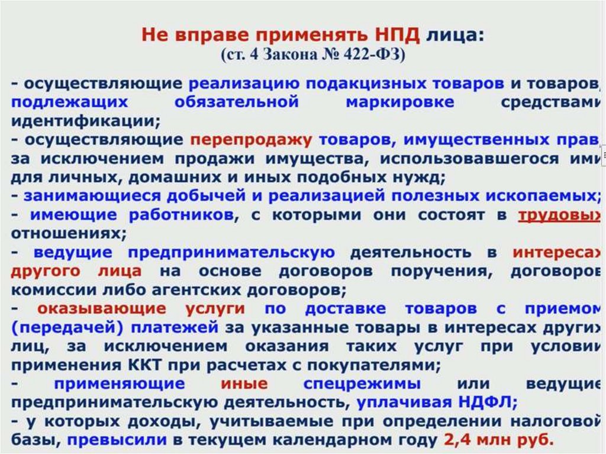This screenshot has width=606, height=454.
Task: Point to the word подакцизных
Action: (349, 83)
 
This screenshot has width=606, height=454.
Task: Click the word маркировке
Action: (400, 102)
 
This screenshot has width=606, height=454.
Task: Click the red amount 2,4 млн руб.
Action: (499, 441)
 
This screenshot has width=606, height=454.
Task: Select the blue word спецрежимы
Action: (362, 384)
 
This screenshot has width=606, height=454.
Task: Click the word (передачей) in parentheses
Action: (59, 328)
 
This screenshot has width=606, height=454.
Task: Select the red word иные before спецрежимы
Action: (244, 384)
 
